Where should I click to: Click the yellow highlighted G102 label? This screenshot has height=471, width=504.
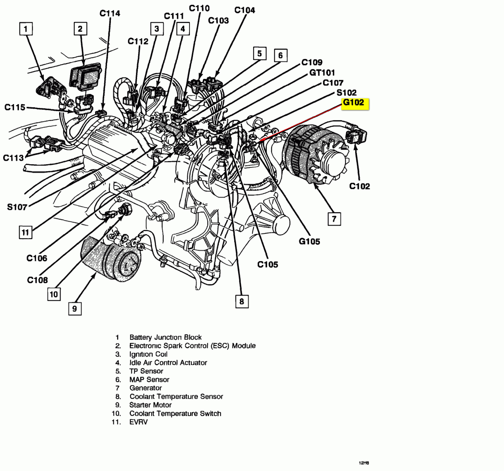point(355,104)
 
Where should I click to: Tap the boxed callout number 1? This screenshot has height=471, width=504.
point(26,29)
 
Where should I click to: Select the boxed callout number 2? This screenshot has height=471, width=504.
point(80,29)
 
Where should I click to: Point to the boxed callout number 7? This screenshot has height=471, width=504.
point(334,219)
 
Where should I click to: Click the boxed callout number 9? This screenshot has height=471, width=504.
point(75,309)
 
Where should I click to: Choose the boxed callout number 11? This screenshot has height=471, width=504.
point(25,232)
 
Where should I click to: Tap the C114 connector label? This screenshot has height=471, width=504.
point(110,13)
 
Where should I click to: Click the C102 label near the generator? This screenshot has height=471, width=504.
point(360,186)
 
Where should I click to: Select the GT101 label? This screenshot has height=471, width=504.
point(322,73)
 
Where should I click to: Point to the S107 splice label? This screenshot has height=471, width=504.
point(17,207)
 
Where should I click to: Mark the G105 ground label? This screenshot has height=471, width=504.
point(309,241)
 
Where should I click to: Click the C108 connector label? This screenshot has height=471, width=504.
point(37,280)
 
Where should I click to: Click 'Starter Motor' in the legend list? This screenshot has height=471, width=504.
point(150,405)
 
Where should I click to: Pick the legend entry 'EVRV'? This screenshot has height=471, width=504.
point(138,422)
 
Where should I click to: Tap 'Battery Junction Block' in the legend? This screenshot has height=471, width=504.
point(165,337)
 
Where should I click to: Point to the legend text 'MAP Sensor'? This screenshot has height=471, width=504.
point(149,380)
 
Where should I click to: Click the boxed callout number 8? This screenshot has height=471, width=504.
point(242,301)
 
